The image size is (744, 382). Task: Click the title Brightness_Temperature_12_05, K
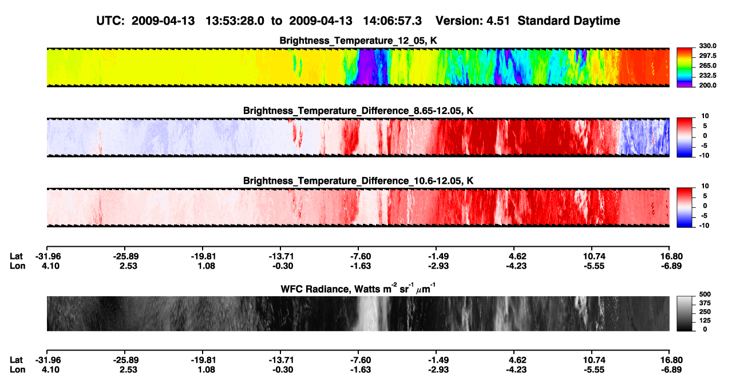click(358, 41)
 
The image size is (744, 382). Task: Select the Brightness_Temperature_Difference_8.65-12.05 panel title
click(358, 111)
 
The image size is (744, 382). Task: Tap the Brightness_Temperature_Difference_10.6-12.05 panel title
click(358, 181)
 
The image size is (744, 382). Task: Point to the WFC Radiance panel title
click(358, 289)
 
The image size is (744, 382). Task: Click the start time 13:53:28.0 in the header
click(235, 21)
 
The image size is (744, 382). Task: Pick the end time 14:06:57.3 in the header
click(392, 21)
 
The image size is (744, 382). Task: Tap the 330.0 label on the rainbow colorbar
click(707, 46)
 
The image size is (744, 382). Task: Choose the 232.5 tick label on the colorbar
click(707, 76)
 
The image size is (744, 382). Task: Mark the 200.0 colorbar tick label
click(707, 85)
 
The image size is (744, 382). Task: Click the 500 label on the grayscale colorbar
click(705, 294)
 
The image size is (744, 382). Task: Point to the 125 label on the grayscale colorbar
click(705, 321)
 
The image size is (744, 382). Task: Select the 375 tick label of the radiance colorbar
click(705, 303)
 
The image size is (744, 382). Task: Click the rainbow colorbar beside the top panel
click(684, 68)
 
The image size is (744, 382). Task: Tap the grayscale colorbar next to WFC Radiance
click(684, 313)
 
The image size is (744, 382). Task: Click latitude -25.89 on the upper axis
click(126, 257)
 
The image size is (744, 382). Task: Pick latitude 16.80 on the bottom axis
click(671, 360)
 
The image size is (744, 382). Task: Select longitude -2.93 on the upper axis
click(438, 266)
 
